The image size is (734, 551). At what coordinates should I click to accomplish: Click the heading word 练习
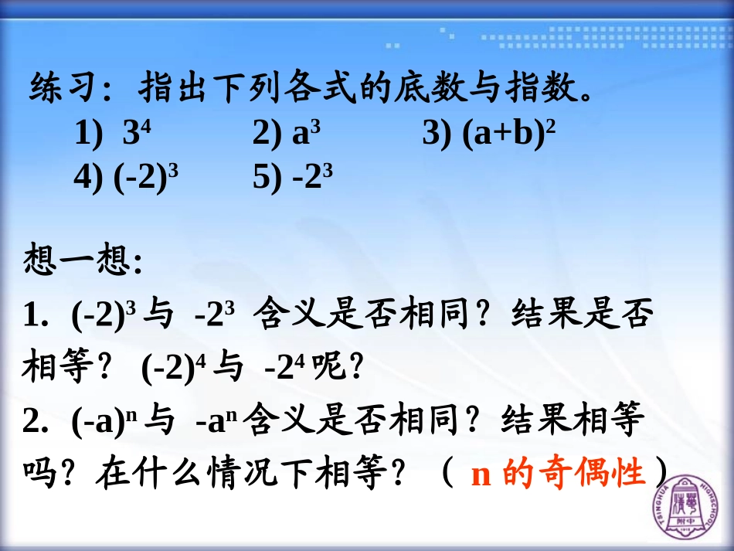click(61, 90)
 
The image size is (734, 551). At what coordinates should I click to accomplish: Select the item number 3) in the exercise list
click(438, 134)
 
